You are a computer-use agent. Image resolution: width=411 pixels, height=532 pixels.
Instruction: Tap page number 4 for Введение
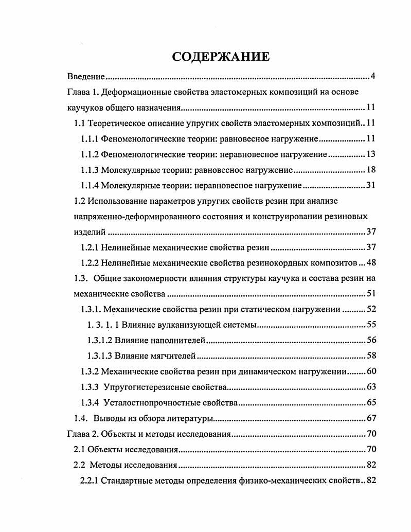click(373, 77)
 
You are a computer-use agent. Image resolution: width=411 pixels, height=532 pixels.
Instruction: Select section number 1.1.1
click(90, 139)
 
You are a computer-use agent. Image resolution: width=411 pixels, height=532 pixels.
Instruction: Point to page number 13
click(372, 154)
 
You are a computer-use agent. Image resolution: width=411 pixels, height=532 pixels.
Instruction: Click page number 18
click(372, 170)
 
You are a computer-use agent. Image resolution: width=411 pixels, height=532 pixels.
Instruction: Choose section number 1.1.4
click(90, 185)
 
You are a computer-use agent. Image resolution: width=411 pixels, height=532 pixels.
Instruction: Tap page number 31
click(372, 185)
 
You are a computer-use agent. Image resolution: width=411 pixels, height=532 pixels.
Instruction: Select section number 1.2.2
click(90, 263)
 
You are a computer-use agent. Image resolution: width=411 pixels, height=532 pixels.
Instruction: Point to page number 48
click(372, 263)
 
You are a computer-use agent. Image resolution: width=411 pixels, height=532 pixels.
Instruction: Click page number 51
click(372, 294)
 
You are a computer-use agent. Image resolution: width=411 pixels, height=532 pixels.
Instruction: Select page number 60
click(372, 371)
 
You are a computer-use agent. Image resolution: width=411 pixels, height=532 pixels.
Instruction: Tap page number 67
click(372, 418)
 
